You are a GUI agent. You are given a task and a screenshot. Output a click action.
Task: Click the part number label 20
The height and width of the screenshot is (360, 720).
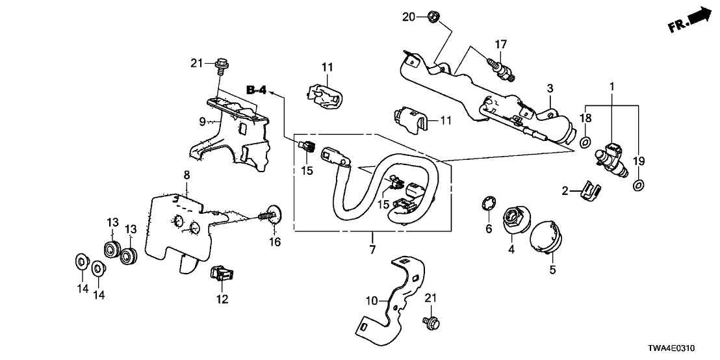click(x=407, y=16)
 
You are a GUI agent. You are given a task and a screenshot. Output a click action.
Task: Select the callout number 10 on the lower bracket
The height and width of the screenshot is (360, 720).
click(x=372, y=300)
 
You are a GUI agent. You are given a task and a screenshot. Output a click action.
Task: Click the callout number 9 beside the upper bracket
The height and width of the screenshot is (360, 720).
click(x=202, y=121)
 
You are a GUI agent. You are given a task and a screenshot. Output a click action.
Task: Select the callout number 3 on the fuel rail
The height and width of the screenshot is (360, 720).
click(x=549, y=88)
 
